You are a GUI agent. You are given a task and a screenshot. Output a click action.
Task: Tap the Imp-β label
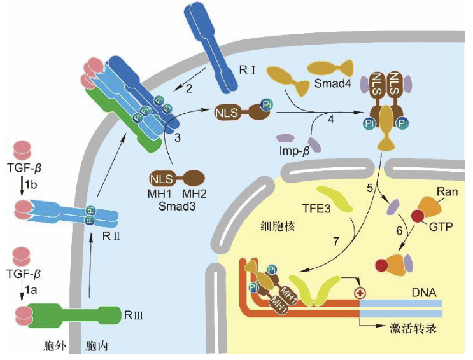coord(292,153)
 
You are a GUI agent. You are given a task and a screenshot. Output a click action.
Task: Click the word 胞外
coord(47,347)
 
